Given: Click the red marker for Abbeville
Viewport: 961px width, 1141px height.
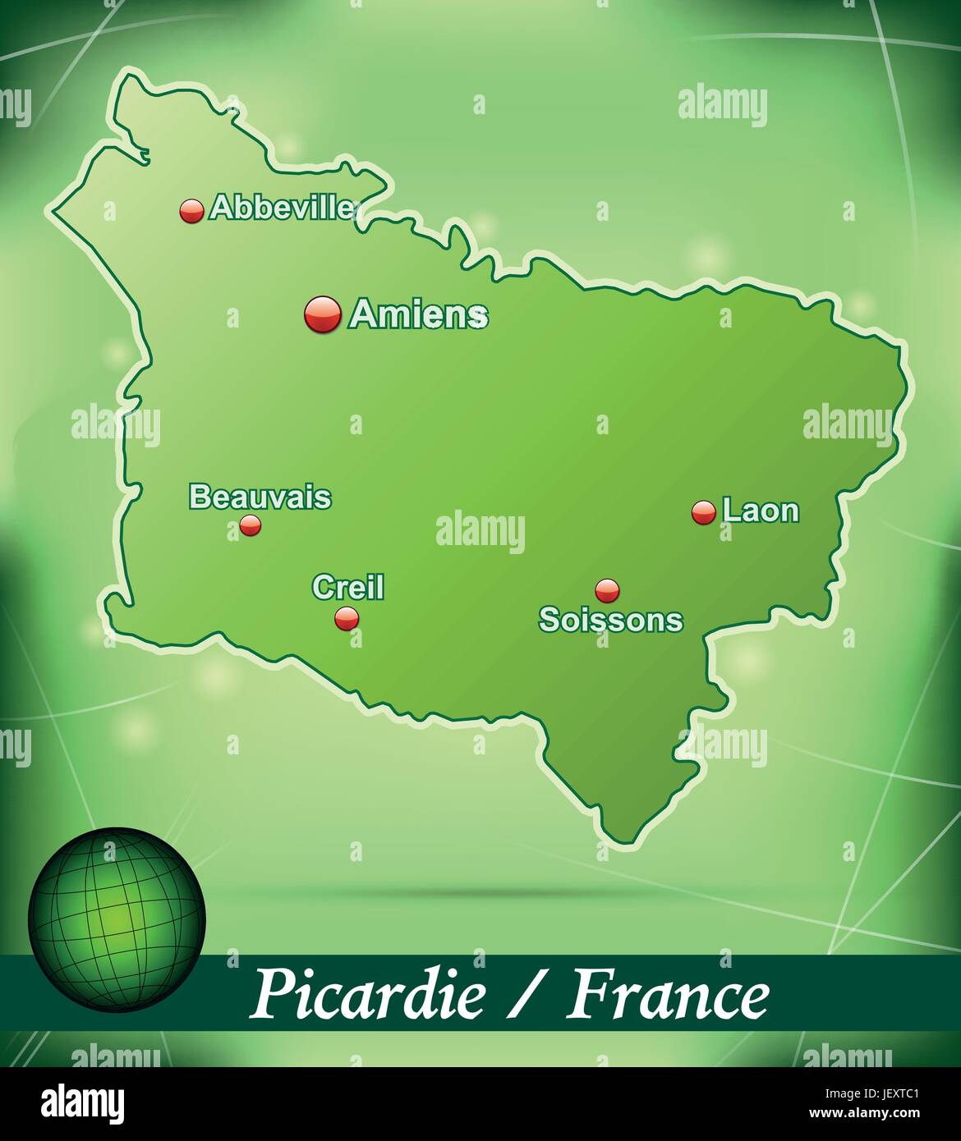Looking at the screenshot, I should point(191,211).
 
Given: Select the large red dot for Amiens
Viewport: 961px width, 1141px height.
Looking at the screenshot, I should point(322,314).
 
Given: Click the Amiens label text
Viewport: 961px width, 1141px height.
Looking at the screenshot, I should point(419,314).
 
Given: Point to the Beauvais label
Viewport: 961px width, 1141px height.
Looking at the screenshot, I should point(260,497).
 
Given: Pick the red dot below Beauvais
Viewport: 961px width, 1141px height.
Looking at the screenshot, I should point(250,525).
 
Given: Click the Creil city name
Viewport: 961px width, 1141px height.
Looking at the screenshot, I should point(348,587).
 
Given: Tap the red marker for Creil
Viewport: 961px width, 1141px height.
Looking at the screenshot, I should point(347,618).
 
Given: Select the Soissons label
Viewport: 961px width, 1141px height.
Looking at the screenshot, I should point(610,620).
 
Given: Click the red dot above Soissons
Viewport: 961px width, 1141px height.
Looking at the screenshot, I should point(607,589).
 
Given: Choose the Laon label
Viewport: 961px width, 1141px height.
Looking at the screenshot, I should point(761,511).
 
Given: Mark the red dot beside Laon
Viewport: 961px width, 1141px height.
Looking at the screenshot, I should point(704,513).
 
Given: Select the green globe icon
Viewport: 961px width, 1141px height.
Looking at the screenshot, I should point(117,919).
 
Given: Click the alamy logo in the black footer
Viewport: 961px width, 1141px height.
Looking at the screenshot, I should point(83,1102).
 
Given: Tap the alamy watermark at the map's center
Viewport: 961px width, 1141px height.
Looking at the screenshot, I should point(480,530).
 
